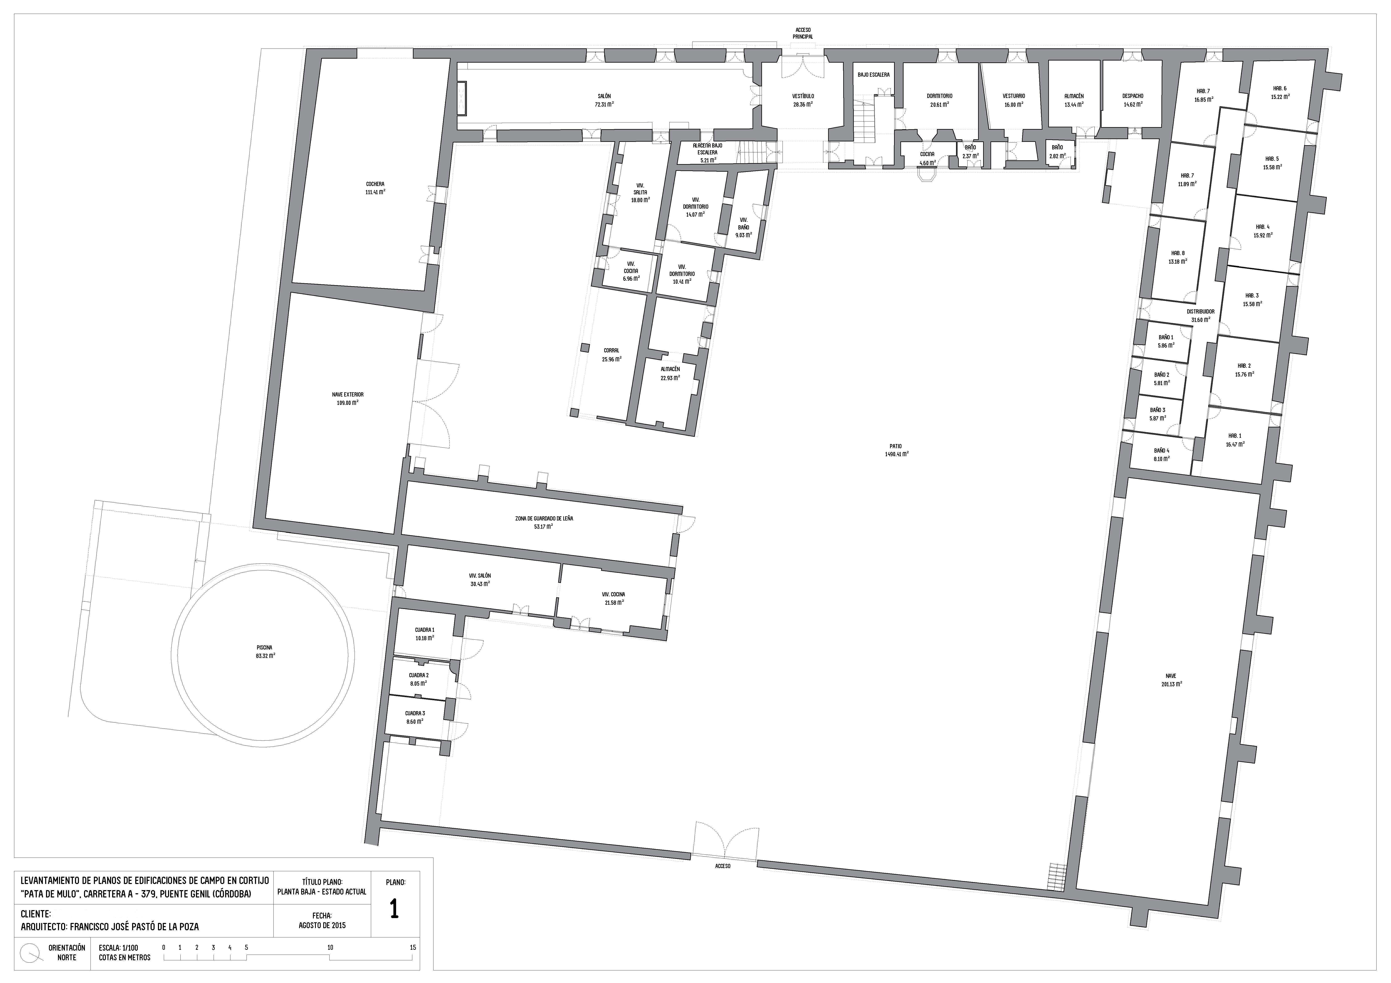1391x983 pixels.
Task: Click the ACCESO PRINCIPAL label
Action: click(x=803, y=33)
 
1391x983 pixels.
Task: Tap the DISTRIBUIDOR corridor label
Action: click(x=1200, y=311)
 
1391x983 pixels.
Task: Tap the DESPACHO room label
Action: click(x=1132, y=96)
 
